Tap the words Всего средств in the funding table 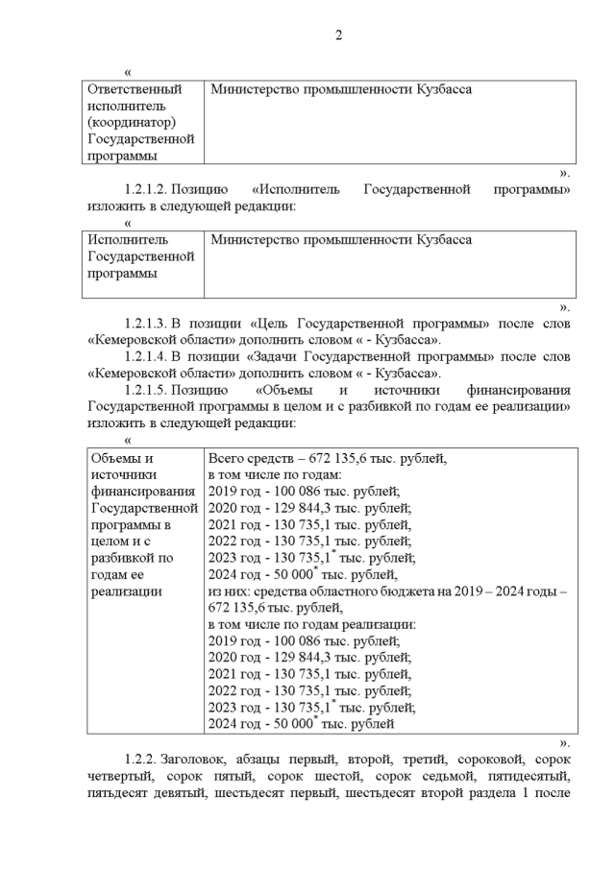click(249, 458)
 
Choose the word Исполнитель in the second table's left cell click(127, 239)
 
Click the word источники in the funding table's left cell click(120, 475)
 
